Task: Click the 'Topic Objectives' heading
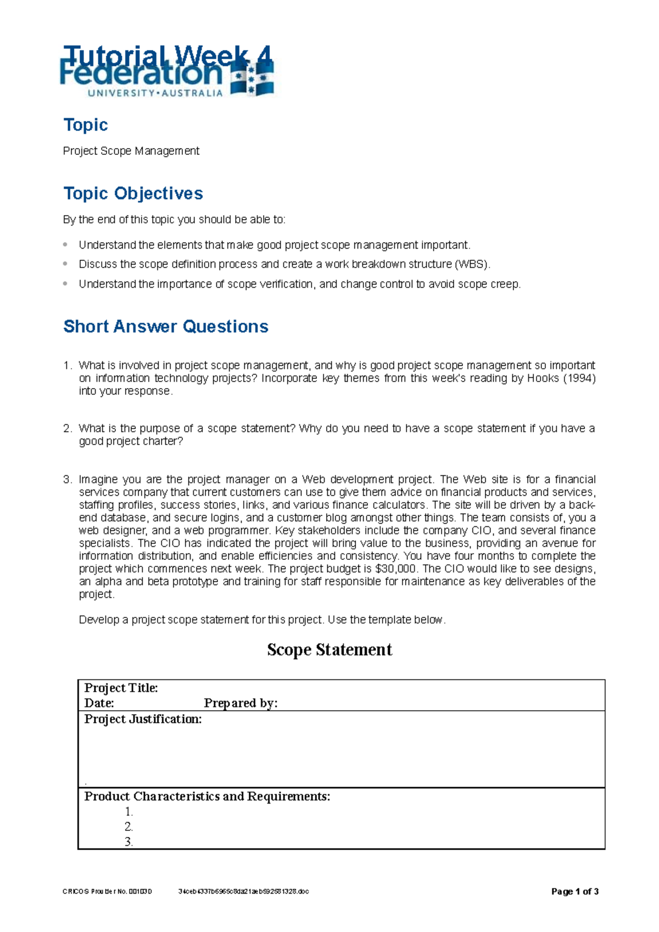tap(133, 193)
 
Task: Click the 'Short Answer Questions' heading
tap(165, 326)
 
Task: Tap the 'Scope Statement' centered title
tap(329, 649)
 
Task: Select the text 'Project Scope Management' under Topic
tap(131, 151)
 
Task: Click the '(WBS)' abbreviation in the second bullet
tap(472, 264)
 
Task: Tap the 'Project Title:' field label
tap(121, 688)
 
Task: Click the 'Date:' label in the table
tap(99, 703)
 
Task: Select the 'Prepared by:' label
tap(241, 703)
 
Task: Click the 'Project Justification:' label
tap(143, 719)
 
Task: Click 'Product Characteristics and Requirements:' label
tap(207, 796)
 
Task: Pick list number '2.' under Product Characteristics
tap(129, 827)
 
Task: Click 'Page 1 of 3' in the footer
tap(574, 891)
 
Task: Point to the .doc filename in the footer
tap(243, 891)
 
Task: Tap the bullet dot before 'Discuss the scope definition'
tap(65, 264)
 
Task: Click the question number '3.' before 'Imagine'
tap(67, 479)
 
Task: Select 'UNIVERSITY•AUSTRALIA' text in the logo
tap(155, 93)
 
